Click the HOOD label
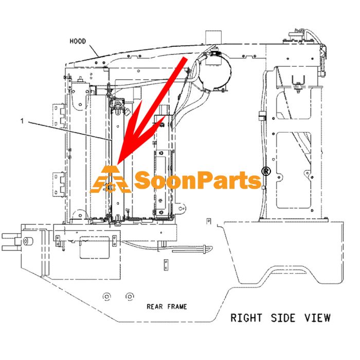[x=78, y=41]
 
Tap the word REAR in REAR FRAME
[x=155, y=307]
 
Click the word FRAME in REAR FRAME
[x=177, y=307]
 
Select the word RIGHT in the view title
[x=246, y=318]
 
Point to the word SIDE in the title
[x=283, y=318]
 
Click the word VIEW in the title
[x=317, y=318]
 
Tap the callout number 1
[x=22, y=121]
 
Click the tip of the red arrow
[x=117, y=165]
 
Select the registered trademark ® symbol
[x=266, y=171]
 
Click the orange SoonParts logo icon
[x=110, y=179]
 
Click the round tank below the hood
[x=215, y=73]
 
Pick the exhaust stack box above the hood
[x=213, y=37]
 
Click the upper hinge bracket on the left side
[x=59, y=116]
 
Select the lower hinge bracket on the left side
[x=59, y=184]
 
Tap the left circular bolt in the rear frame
[x=106, y=297]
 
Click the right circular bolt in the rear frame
[x=130, y=297]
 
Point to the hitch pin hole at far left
[x=27, y=241]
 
